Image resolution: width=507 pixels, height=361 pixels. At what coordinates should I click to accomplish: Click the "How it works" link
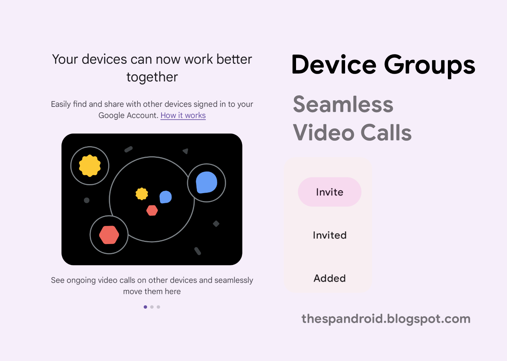pyautogui.click(x=183, y=116)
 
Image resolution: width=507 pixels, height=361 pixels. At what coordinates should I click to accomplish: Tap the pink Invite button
pyautogui.click(x=330, y=192)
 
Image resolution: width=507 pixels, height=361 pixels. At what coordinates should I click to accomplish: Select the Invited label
pyautogui.click(x=330, y=235)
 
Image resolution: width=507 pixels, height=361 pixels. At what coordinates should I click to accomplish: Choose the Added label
pyautogui.click(x=330, y=278)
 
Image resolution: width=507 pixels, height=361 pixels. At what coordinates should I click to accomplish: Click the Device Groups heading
pyautogui.click(x=383, y=65)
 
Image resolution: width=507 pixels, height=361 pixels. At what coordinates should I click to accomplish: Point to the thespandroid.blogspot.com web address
pyautogui.click(x=386, y=319)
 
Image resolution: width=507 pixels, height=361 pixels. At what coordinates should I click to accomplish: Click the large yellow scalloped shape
pyautogui.click(x=90, y=166)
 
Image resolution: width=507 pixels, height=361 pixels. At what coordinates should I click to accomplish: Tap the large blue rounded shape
pyautogui.click(x=207, y=183)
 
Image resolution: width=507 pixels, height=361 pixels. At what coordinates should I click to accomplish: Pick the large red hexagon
pyautogui.click(x=109, y=235)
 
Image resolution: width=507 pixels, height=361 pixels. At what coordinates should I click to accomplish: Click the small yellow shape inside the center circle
pyautogui.click(x=142, y=194)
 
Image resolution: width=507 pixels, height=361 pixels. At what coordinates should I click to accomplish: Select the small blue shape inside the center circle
pyautogui.click(x=166, y=197)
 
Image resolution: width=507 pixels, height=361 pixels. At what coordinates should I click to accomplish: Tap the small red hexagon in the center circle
pyautogui.click(x=152, y=210)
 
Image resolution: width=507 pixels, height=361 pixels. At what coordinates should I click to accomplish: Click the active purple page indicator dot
pyautogui.click(x=145, y=307)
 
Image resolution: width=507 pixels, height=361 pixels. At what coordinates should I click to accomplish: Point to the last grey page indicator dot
pyautogui.click(x=158, y=307)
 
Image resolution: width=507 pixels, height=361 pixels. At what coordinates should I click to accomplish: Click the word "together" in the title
pyautogui.click(x=152, y=77)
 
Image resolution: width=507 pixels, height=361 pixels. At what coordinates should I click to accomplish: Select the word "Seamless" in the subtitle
pyautogui.click(x=343, y=105)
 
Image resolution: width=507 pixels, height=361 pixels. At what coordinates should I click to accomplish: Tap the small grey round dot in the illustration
pyautogui.click(x=87, y=200)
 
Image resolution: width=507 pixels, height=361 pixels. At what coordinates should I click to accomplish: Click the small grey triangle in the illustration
pyautogui.click(x=185, y=151)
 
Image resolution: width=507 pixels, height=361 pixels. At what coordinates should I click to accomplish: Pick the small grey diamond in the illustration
pyautogui.click(x=216, y=224)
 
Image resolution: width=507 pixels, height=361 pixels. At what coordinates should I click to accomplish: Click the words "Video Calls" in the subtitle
pyautogui.click(x=352, y=133)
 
